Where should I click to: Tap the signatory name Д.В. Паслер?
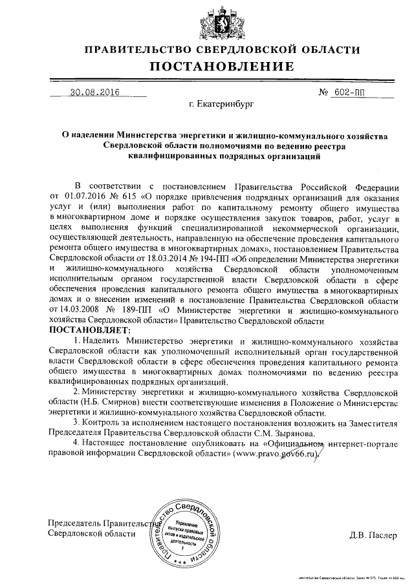point(370,534)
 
